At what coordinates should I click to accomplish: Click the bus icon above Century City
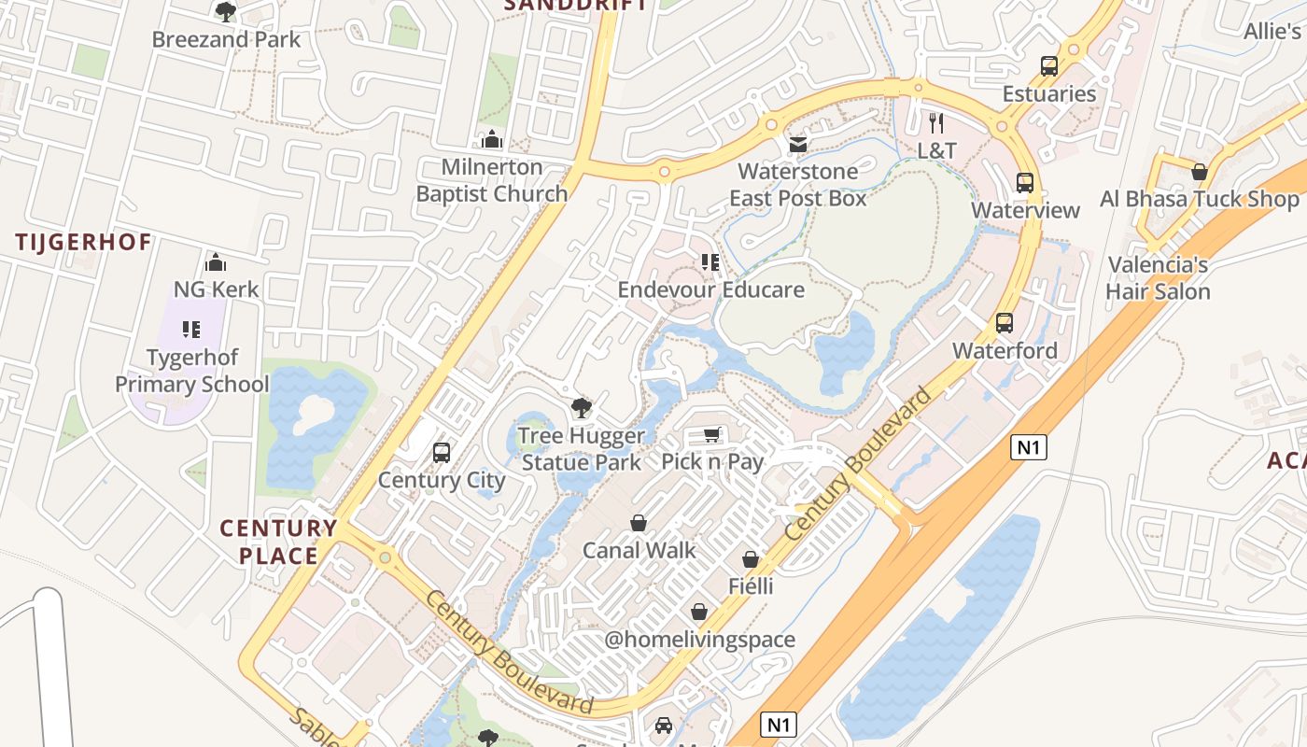(x=442, y=453)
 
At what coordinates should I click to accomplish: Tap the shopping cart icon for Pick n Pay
(x=712, y=434)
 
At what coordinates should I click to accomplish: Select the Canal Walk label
(x=639, y=550)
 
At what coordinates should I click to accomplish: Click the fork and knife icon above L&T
(x=937, y=122)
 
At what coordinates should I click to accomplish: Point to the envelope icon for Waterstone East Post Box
(x=797, y=144)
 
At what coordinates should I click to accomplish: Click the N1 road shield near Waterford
(x=1028, y=447)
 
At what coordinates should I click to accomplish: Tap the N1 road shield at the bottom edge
(x=780, y=724)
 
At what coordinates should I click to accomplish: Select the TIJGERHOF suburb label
(x=83, y=243)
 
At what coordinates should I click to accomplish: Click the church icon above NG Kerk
(x=216, y=261)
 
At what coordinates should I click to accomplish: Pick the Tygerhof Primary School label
(x=191, y=371)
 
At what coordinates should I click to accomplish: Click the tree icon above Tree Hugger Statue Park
(x=582, y=408)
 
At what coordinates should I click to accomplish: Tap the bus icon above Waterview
(x=1025, y=183)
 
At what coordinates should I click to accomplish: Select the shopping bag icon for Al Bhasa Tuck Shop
(x=1200, y=172)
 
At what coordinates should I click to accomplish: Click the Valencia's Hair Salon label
(x=1158, y=278)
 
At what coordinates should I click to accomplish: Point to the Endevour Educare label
(x=710, y=289)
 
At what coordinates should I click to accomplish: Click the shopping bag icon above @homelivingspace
(x=698, y=612)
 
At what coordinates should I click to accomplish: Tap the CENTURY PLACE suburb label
(x=278, y=542)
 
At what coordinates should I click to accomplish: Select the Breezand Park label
(x=226, y=39)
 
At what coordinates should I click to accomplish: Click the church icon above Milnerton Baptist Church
(x=492, y=140)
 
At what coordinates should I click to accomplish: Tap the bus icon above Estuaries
(x=1049, y=66)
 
